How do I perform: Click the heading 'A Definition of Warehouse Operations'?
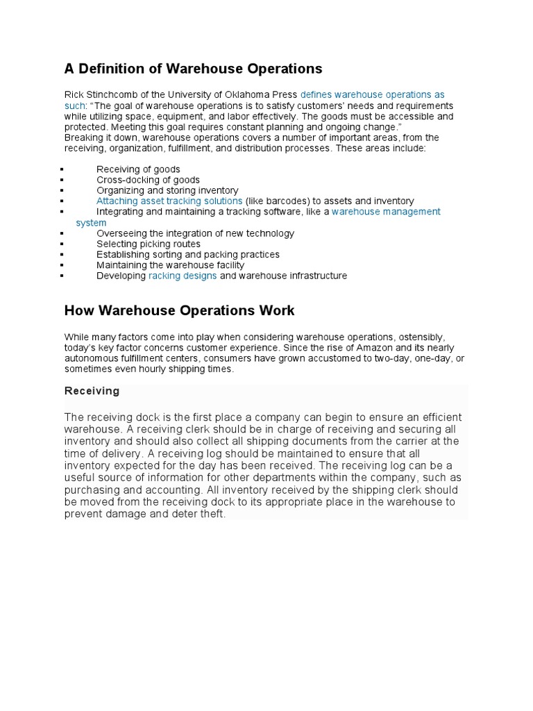[193, 69]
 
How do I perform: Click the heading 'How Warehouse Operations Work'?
[179, 310]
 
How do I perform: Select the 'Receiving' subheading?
[92, 391]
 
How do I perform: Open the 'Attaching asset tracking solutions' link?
[169, 201]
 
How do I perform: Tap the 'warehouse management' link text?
[386, 211]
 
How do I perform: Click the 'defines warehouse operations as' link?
[372, 94]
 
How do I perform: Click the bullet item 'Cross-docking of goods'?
[148, 180]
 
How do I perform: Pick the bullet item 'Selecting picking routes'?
[149, 244]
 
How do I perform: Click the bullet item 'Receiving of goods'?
[138, 169]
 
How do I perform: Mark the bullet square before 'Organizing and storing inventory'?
[62, 190]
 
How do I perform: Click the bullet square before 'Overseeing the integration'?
[62, 234]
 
